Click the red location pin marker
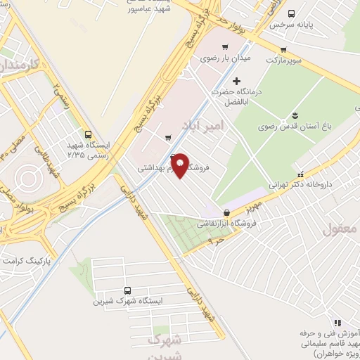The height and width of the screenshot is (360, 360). [x=180, y=165]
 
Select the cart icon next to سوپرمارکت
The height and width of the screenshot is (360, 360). [x=283, y=49]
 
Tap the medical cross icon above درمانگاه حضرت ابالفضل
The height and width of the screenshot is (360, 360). [x=236, y=82]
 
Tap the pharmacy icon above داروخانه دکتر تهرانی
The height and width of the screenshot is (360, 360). [x=301, y=174]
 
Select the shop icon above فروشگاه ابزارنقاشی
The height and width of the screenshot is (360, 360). [x=226, y=212]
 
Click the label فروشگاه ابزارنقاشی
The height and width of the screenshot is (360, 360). [x=226, y=224]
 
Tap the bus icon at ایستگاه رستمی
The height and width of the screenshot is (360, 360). [x=88, y=134]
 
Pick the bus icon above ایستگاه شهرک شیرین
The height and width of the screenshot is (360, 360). [x=127, y=290]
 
